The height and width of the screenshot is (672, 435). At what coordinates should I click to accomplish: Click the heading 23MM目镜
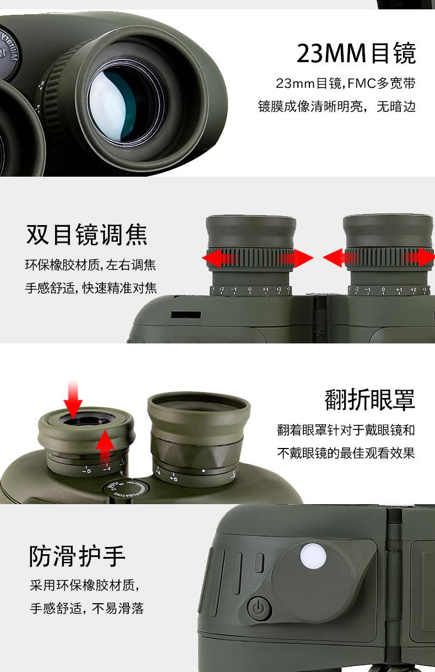[356, 53]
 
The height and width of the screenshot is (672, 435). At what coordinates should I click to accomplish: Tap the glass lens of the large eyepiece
[126, 105]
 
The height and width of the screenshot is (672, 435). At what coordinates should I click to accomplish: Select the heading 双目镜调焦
[87, 234]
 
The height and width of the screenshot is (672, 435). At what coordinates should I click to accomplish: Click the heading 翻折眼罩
[369, 400]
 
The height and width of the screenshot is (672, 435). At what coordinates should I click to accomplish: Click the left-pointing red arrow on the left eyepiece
[215, 258]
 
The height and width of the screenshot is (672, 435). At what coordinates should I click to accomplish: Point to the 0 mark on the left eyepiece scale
[249, 289]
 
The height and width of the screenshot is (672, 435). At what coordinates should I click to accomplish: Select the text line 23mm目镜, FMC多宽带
[345, 84]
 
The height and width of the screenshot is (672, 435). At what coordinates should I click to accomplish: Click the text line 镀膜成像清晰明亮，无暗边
[336, 106]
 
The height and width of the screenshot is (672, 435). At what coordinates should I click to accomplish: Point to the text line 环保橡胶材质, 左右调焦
[90, 265]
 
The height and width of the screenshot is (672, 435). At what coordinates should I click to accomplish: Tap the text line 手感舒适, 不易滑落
[86, 608]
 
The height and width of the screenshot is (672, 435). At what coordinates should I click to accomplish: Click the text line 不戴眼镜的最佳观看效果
[346, 453]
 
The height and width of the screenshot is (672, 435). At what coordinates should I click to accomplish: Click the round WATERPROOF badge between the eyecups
[118, 489]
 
